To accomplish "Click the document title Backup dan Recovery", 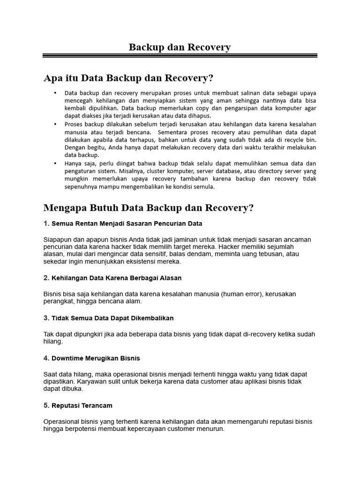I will click(180, 47).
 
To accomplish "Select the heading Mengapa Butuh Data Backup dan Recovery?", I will click(148, 208).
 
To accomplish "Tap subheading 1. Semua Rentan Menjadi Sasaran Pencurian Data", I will click(123, 224).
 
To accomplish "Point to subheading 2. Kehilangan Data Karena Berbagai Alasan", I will click(112, 278).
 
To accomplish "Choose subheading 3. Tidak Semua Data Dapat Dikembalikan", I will click(108, 318).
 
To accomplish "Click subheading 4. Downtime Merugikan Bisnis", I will click(91, 358).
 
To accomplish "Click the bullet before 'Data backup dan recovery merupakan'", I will click(55, 93).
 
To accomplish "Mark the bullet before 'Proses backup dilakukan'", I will click(55, 124).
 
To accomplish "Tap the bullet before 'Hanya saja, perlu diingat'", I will click(55, 163).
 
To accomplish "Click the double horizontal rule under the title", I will click(180, 56).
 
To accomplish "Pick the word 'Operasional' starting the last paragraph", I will click(61, 421).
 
